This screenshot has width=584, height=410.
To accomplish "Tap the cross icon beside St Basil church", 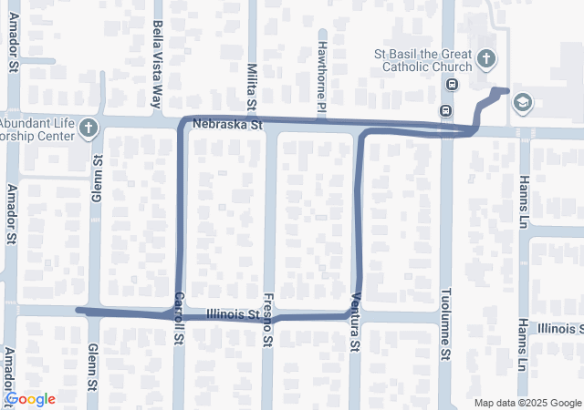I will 486,60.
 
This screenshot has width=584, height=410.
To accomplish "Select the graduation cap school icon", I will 522,102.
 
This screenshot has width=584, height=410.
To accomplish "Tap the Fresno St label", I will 268,320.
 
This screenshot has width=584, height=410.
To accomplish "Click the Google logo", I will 30,399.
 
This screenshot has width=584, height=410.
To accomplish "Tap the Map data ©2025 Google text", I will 527,403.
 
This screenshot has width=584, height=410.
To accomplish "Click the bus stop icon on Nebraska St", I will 444,111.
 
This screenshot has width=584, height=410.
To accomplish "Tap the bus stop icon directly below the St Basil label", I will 451,85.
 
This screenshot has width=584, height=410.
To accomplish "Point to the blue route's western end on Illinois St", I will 78,311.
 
